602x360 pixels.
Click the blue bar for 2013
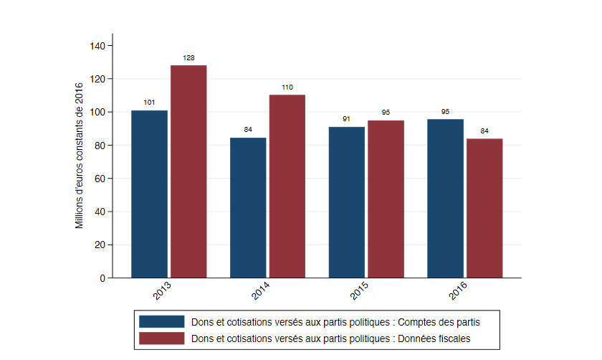coord(149,194)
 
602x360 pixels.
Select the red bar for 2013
coord(188,171)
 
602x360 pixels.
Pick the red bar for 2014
coord(287,186)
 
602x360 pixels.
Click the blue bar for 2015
coord(347,202)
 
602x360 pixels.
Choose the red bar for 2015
coord(386,199)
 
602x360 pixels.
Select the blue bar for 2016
coord(445,198)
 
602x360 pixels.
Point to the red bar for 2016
coord(484,208)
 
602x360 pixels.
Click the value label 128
coord(189,58)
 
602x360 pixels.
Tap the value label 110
coord(287,87)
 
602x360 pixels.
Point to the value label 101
coord(149,103)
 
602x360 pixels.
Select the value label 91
coord(347,119)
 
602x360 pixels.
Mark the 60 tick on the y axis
coord(100,179)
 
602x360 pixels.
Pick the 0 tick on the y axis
coord(102,278)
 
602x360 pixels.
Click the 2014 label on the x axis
coord(262,293)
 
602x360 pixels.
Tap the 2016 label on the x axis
coord(459,293)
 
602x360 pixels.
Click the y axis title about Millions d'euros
coord(80,156)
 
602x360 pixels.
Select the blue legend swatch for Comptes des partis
coord(161,321)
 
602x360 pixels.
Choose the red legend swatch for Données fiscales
coord(161,337)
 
